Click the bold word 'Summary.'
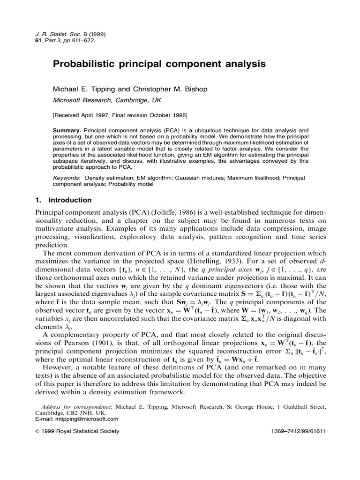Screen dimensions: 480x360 (67, 129)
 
